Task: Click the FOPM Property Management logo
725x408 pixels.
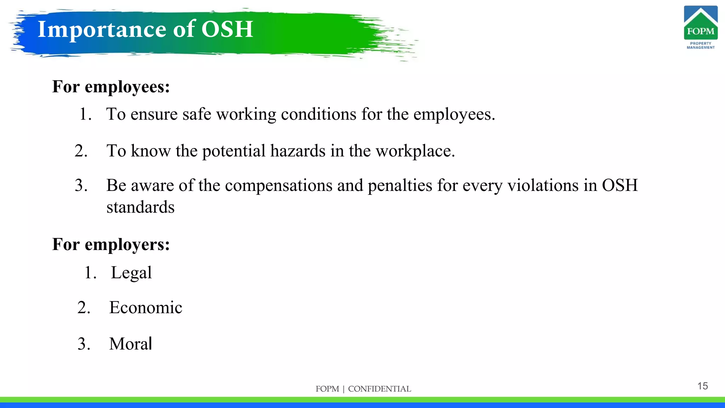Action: (701, 28)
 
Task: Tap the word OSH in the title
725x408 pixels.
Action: (227, 29)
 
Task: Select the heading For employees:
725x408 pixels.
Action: (111, 87)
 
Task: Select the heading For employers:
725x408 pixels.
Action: (111, 244)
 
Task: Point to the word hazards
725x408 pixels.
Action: (298, 151)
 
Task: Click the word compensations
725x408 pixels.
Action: (279, 185)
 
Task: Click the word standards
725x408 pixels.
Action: (141, 207)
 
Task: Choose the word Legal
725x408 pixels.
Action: (131, 273)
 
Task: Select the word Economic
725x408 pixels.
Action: (145, 307)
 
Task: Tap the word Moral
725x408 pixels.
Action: (131, 344)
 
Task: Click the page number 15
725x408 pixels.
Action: (702, 386)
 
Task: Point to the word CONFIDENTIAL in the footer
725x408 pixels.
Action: (379, 389)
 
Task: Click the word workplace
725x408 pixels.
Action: (415, 151)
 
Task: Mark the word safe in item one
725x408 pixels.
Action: (197, 114)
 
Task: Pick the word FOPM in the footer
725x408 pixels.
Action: (327, 389)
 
